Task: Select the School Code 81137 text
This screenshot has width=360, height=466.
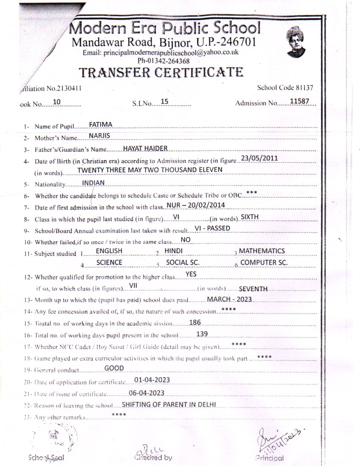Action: click(285, 88)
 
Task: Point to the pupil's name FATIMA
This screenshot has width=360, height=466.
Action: click(100, 125)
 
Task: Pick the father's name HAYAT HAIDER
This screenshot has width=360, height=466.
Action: click(145, 148)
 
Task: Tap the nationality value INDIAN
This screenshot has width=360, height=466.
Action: click(93, 183)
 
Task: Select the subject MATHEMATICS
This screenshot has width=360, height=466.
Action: click(262, 251)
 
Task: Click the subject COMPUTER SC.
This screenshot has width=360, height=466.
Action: click(264, 262)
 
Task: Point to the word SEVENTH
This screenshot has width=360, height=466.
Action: click(253, 288)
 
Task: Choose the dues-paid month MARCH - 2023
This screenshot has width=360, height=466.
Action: click(229, 299)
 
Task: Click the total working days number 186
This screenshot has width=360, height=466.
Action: click(195, 322)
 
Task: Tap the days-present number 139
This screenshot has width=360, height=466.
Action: click(202, 334)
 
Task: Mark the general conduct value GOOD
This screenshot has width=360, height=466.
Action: click(114, 368)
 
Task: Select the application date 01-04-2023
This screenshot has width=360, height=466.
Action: click(152, 380)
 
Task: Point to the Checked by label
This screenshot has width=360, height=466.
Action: click(153, 458)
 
